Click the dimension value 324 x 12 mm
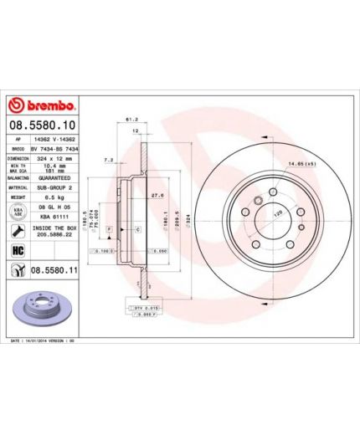(52, 157)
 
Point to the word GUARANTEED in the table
(53, 177)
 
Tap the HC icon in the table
(18, 250)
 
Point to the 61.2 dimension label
(131, 119)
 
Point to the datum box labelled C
(136, 228)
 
